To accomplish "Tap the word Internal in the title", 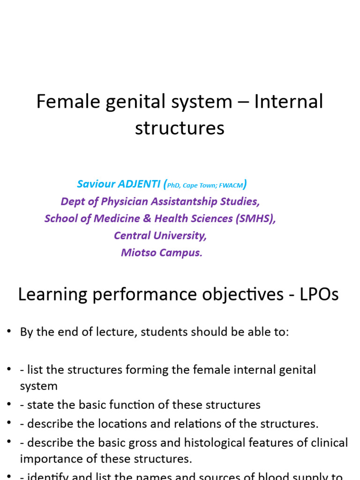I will pos(288,102).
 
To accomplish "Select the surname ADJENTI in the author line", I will pos(137,185).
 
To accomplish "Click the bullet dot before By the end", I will pos(8,331).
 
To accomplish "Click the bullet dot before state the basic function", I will pos(8,404).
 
